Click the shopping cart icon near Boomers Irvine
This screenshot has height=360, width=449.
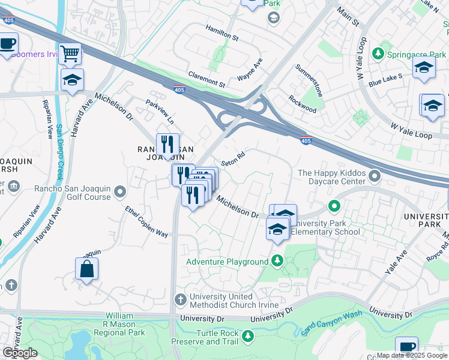[x=70, y=54]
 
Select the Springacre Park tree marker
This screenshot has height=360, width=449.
[x=378, y=55]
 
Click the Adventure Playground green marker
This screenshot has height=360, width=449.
[x=277, y=261]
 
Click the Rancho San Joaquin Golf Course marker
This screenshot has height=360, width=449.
[x=120, y=192]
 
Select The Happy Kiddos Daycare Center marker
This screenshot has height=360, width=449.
[x=375, y=176]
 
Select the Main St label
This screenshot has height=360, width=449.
[x=348, y=17]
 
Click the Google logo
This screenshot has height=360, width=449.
[x=20, y=353]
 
